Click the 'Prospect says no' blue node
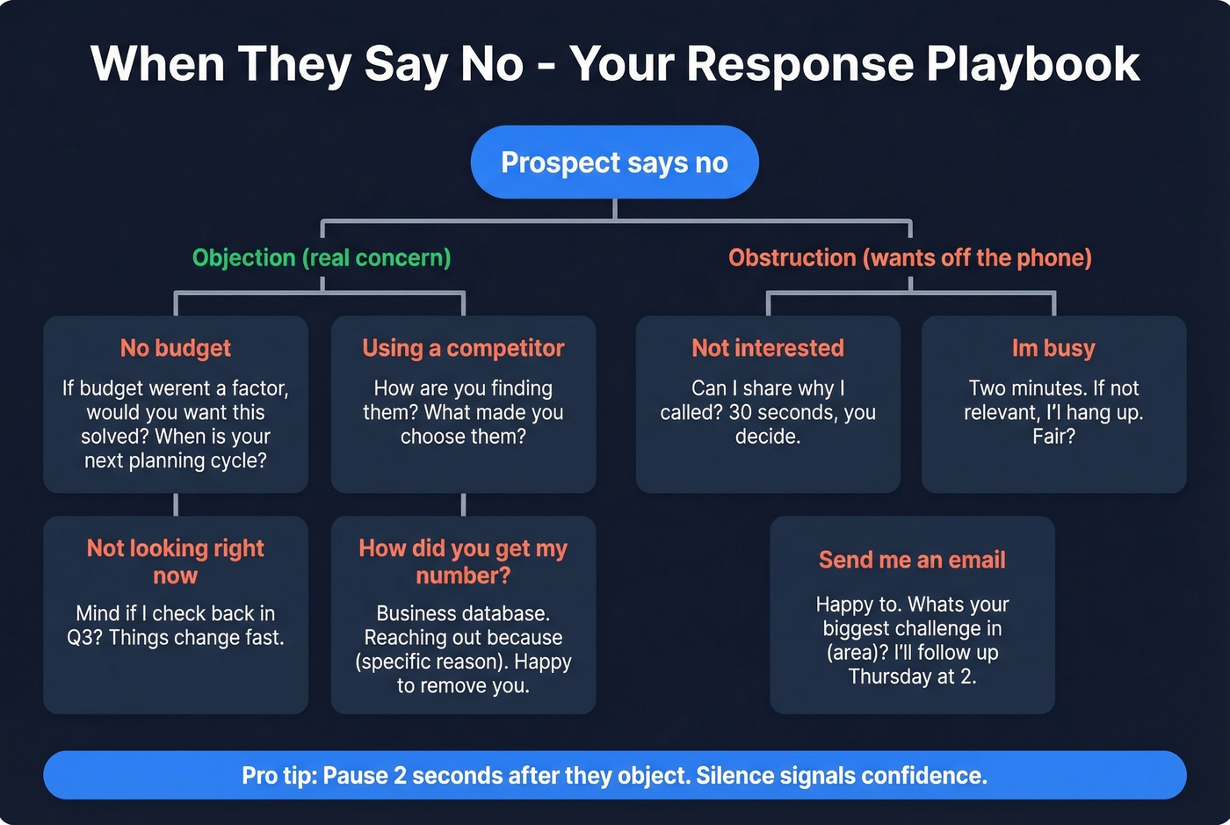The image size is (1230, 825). click(x=614, y=163)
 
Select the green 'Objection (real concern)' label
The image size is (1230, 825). click(x=322, y=257)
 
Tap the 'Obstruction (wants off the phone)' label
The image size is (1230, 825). click(x=909, y=257)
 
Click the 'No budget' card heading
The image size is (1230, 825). click(x=176, y=348)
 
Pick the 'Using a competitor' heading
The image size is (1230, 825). click(x=463, y=348)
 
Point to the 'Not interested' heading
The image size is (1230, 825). click(x=767, y=348)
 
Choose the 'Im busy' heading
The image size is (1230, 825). click(x=1053, y=348)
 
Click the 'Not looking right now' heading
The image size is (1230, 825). click(x=176, y=561)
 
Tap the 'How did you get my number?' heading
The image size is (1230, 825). click(x=463, y=561)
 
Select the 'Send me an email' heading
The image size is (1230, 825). click(x=912, y=560)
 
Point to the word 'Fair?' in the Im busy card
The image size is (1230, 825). click(x=1053, y=437)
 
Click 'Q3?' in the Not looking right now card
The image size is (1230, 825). click(x=85, y=638)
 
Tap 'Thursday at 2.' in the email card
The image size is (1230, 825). click(x=912, y=677)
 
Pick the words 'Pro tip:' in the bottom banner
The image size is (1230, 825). click(x=279, y=776)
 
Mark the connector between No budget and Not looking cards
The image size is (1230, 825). click(x=176, y=504)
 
